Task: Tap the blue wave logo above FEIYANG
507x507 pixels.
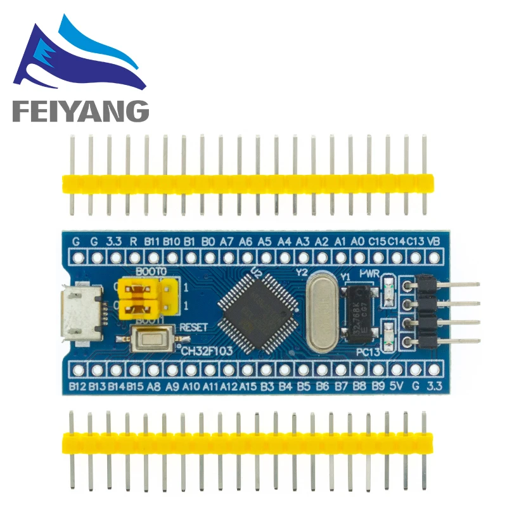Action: coord(76,57)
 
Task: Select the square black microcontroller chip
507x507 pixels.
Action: coord(257,312)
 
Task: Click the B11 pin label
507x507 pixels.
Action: coord(152,241)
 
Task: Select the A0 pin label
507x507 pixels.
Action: coord(358,241)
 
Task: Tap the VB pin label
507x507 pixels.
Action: coord(435,241)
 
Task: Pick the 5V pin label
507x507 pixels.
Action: coord(397,385)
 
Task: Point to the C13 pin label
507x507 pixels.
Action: coord(415,241)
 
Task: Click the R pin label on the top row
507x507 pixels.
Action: coord(133,241)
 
